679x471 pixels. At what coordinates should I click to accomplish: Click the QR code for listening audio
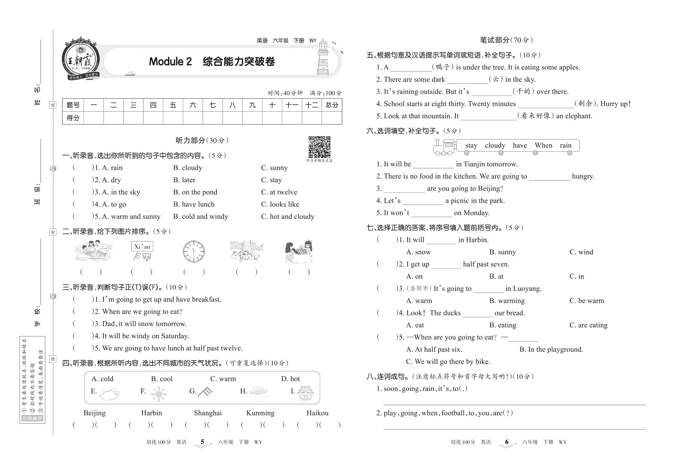tap(319, 147)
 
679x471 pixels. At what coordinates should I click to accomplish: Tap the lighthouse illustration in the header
tap(323, 58)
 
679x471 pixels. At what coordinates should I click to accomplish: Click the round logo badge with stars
tap(80, 59)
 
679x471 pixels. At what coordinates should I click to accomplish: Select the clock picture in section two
tap(193, 252)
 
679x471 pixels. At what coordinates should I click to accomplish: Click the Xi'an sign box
tap(142, 246)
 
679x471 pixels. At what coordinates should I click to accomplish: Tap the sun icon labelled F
tap(159, 394)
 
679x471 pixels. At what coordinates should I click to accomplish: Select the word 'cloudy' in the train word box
tap(495, 145)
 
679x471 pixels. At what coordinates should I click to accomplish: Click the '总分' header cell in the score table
tap(331, 105)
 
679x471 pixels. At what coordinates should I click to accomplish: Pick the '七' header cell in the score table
tap(213, 105)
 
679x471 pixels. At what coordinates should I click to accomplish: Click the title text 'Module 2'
tap(170, 62)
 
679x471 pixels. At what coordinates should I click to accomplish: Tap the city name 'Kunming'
tap(261, 413)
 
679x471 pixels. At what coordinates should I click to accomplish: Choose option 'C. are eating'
tap(588, 325)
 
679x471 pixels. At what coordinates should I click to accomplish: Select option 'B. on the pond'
tap(195, 192)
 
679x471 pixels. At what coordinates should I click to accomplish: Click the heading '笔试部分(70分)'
tap(506, 40)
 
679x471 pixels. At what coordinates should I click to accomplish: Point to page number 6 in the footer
tap(507, 442)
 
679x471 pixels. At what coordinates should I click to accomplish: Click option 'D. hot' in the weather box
tap(290, 379)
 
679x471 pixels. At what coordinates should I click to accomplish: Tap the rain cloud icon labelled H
tap(258, 394)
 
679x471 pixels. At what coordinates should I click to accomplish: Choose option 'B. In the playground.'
tap(551, 349)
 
